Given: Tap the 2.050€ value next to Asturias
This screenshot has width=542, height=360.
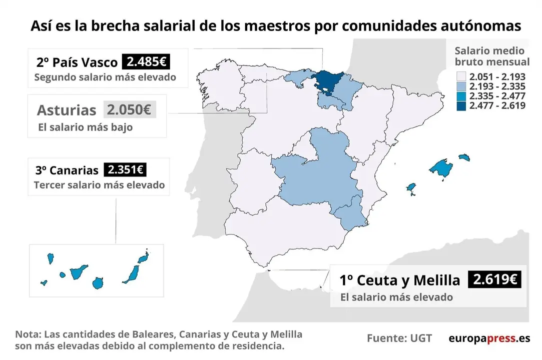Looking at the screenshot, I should tap(130, 109).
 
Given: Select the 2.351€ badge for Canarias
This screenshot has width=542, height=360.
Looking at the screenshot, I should tap(125, 170).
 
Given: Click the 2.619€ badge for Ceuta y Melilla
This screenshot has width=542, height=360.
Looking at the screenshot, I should tap(494, 279).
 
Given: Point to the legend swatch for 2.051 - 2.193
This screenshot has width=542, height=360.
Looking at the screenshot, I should tap(461, 77).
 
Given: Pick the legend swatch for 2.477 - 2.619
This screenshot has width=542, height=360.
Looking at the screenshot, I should tap(461, 105).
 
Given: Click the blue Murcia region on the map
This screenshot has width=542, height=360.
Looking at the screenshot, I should tap(350, 212).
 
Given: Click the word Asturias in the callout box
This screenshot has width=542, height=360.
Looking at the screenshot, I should tap(67, 110).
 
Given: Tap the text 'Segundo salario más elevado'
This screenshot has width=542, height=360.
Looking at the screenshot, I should tap(105, 77).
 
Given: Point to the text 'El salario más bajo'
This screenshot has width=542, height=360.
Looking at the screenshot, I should tap(85, 127).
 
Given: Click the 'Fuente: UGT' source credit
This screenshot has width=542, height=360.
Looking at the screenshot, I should tap(399, 338).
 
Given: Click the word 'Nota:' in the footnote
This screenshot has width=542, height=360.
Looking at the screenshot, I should tap(29, 334).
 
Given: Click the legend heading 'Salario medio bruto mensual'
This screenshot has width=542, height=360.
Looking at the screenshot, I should tap(491, 56).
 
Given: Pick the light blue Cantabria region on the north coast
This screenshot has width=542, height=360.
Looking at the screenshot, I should tap(298, 77).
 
